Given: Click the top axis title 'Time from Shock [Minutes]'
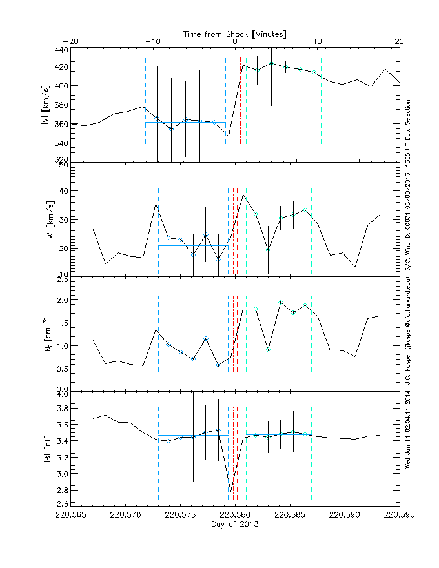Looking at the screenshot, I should (x=235, y=33).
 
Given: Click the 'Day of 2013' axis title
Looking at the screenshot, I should (x=235, y=525).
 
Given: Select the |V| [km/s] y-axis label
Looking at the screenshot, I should (x=45, y=104).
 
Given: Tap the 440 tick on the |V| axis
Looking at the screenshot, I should (x=60, y=50).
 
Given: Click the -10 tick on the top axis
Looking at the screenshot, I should (x=152, y=41).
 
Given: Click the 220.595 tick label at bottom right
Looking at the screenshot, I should (x=399, y=516).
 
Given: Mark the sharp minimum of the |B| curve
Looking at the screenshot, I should (x=230, y=492).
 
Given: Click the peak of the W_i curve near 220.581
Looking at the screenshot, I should (x=243, y=195).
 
